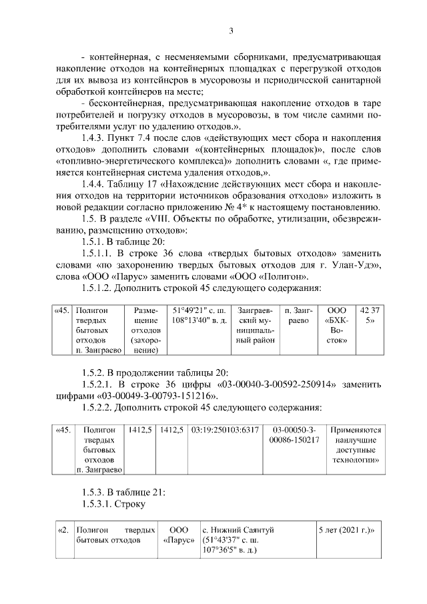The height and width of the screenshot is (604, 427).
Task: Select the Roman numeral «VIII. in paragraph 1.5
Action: tap(165, 218)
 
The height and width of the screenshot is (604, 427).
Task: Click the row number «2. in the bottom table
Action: tap(63, 530)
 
